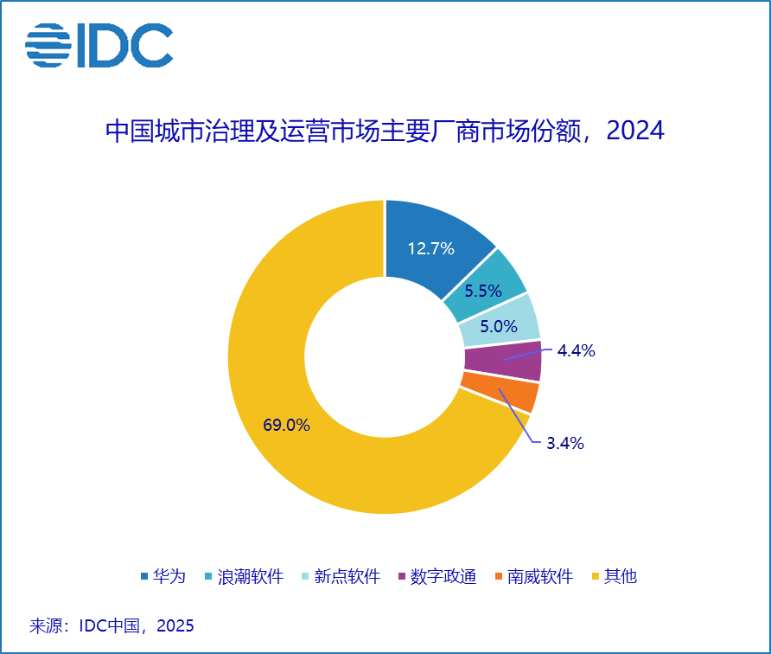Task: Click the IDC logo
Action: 99,46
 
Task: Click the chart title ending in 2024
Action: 385,131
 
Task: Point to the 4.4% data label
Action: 576,350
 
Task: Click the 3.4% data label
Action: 564,444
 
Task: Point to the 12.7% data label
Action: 430,249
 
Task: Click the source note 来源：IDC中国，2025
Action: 112,625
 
